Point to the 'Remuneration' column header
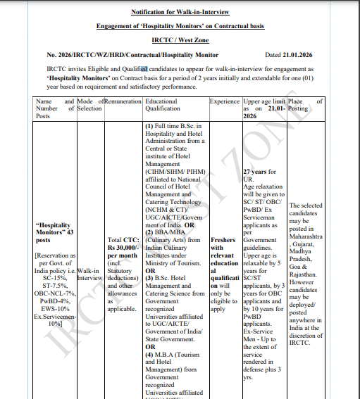coord(123,102)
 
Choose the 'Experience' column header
coord(225,102)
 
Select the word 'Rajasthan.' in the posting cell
coord(306,274)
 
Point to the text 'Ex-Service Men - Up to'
coord(263,337)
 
